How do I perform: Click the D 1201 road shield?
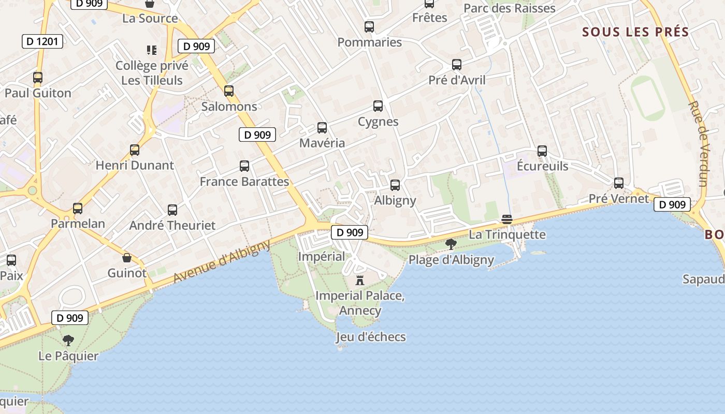pos(42,41)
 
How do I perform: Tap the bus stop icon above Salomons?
pos(229,91)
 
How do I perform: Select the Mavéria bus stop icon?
pos(322,128)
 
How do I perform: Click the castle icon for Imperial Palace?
pos(360,280)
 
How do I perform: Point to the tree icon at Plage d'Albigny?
pos(451,244)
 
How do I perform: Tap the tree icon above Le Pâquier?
pos(68,341)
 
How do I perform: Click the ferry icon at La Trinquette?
pos(507,219)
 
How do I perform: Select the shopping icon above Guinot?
pos(127,258)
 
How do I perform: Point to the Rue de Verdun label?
pos(697,143)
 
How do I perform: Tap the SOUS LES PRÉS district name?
pos(635,32)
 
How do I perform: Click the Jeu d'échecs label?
pos(371,337)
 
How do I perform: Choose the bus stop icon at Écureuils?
pos(542,151)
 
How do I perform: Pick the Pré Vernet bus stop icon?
pos(619,183)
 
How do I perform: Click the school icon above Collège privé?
pos(151,50)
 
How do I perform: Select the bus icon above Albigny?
pos(395,185)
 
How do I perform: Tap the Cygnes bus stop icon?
pos(378,106)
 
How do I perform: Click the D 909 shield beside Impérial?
pos(350,232)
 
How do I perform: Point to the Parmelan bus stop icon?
pos(78,209)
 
